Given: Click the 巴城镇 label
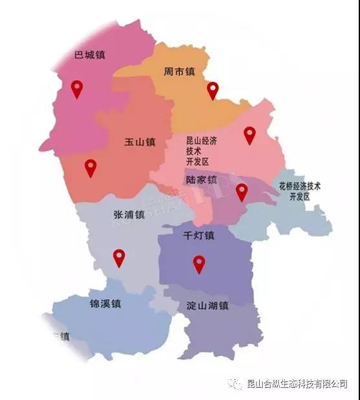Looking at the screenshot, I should pyautogui.click(x=90, y=55).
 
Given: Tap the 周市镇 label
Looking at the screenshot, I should pyautogui.click(x=179, y=72).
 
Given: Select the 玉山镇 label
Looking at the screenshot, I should pyautogui.click(x=141, y=142).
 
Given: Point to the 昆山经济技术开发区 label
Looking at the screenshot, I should pyautogui.click(x=197, y=151).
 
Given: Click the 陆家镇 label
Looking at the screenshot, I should pyautogui.click(x=201, y=179).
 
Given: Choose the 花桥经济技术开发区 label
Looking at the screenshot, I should pyautogui.click(x=300, y=190).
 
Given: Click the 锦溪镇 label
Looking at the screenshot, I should pyautogui.click(x=106, y=303).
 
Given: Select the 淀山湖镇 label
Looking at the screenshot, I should pyautogui.click(x=207, y=306).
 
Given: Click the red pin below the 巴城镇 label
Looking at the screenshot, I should pyautogui.click(x=77, y=89).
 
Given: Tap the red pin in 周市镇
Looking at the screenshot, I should pyautogui.click(x=213, y=91).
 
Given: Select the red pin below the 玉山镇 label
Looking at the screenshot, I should pyautogui.click(x=91, y=168).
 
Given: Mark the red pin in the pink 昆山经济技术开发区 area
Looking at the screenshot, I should pyautogui.click(x=249, y=135).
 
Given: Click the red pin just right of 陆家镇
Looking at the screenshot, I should pyautogui.click(x=242, y=192).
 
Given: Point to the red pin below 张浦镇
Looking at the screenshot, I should pyautogui.click(x=118, y=258).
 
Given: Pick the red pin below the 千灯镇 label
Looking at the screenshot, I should pyautogui.click(x=199, y=263).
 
